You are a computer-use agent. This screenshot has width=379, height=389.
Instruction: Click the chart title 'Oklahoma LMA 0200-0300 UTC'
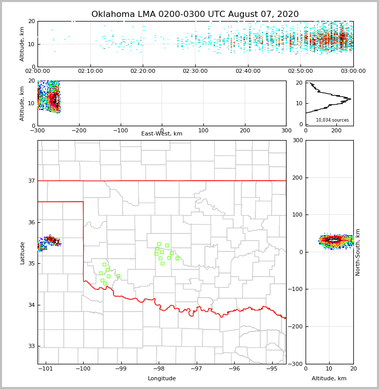195,14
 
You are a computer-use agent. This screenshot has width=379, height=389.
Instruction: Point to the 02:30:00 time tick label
195,71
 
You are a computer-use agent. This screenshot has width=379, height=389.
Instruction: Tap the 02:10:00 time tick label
91,71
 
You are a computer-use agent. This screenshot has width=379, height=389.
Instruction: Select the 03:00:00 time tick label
353,71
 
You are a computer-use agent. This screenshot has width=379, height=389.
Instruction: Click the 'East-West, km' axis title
162,134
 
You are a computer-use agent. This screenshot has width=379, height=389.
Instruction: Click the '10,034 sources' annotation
332,120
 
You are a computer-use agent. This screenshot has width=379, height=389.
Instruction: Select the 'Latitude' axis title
22,252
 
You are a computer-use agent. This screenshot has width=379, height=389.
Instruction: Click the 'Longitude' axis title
162,379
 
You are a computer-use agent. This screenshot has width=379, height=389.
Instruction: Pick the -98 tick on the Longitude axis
159,369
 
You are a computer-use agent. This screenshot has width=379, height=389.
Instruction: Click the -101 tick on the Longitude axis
46,369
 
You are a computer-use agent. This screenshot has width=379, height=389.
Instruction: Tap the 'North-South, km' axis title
358,252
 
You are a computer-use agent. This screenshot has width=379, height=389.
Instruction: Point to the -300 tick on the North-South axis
297,364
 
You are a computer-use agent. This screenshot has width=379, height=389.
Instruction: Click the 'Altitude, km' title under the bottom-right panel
329,379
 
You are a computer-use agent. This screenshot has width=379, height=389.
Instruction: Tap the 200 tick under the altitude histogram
336,131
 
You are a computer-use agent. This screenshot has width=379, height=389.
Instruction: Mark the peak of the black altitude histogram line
351,99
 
